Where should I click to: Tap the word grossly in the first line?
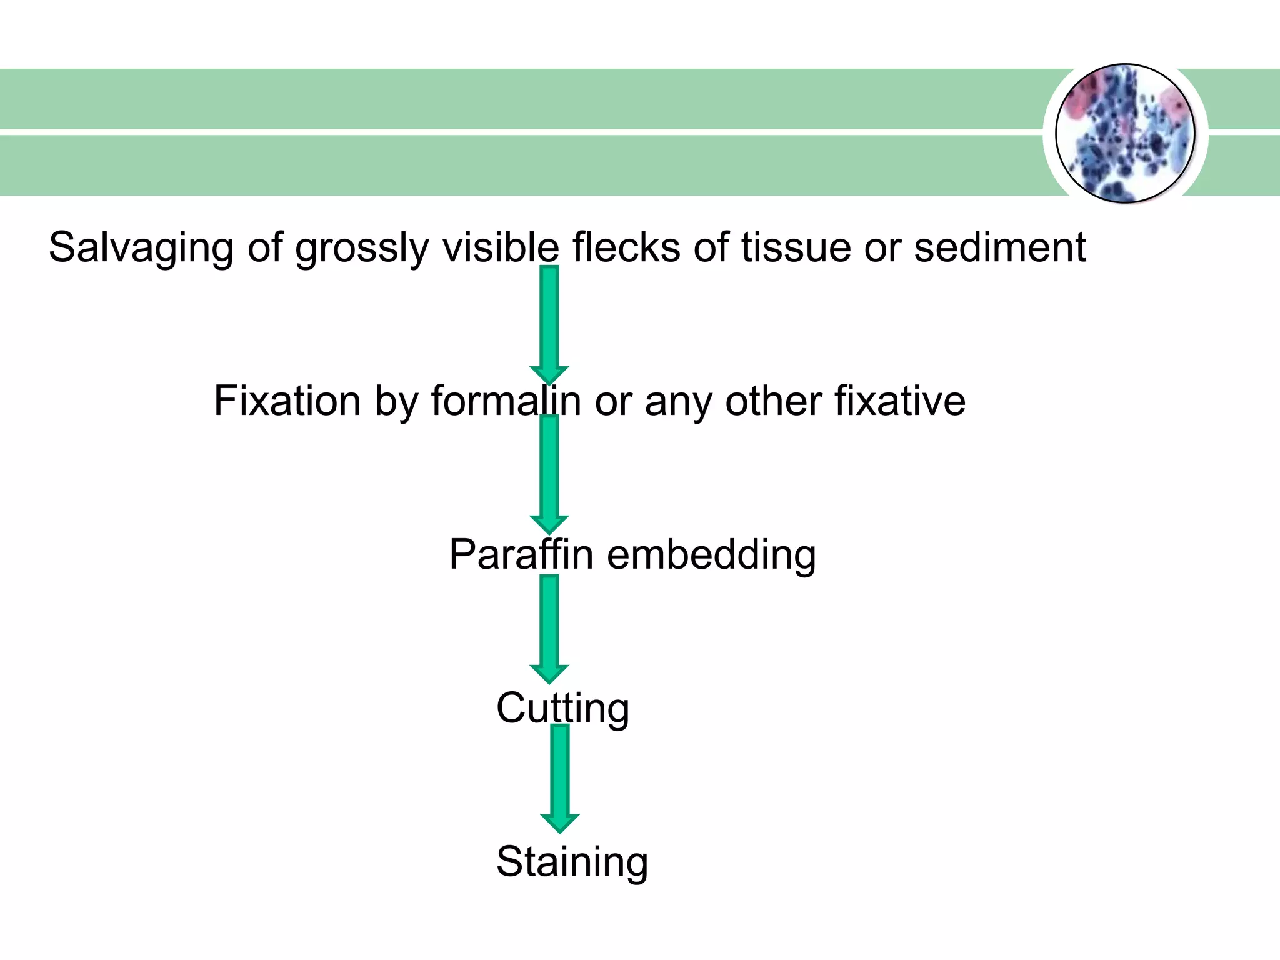362,248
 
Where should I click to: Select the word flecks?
626,247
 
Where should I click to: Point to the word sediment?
999,247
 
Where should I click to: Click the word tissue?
796,247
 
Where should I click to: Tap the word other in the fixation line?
772,401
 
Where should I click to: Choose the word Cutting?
562,708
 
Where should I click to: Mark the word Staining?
572,862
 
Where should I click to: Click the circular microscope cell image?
1125,133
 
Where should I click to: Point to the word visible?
500,247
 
